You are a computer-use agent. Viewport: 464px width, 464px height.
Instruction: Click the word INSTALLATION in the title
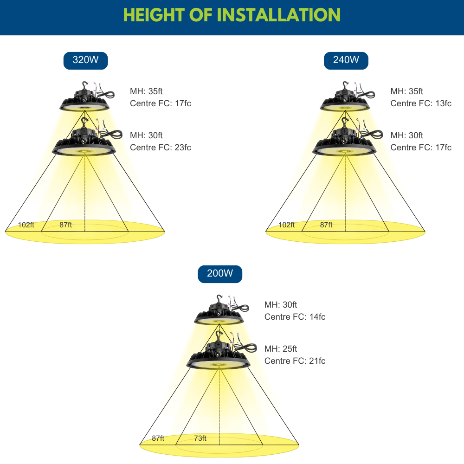pos(279,15)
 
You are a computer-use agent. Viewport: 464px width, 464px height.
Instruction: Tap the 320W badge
pos(85,61)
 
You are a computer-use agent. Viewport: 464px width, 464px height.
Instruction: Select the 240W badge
pos(346,61)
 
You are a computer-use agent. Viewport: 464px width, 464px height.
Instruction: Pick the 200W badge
pos(220,274)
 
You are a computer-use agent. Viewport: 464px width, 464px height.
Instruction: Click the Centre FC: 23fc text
pos(161,148)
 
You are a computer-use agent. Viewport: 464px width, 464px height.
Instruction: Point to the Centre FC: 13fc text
pos(421,103)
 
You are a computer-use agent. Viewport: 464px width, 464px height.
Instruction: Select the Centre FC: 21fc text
pos(295,361)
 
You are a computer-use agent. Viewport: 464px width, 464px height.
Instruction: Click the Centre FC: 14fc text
pos(295,316)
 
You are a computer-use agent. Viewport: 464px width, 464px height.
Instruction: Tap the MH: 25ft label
pos(281,348)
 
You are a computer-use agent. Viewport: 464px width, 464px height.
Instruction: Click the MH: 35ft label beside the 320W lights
pos(146,91)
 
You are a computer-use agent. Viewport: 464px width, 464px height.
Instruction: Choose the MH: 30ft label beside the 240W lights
pos(406,135)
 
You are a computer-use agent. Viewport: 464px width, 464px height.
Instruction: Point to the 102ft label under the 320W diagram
pos(26,225)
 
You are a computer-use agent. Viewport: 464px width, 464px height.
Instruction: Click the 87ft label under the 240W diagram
pos(326,225)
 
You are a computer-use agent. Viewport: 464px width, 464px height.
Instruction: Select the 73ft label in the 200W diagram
pos(200,438)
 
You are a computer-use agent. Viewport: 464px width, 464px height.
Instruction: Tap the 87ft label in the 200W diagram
pos(158,438)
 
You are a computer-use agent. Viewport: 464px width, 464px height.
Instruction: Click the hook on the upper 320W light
pos(85,85)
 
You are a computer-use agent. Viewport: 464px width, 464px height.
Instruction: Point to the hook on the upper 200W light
pos(219,298)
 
